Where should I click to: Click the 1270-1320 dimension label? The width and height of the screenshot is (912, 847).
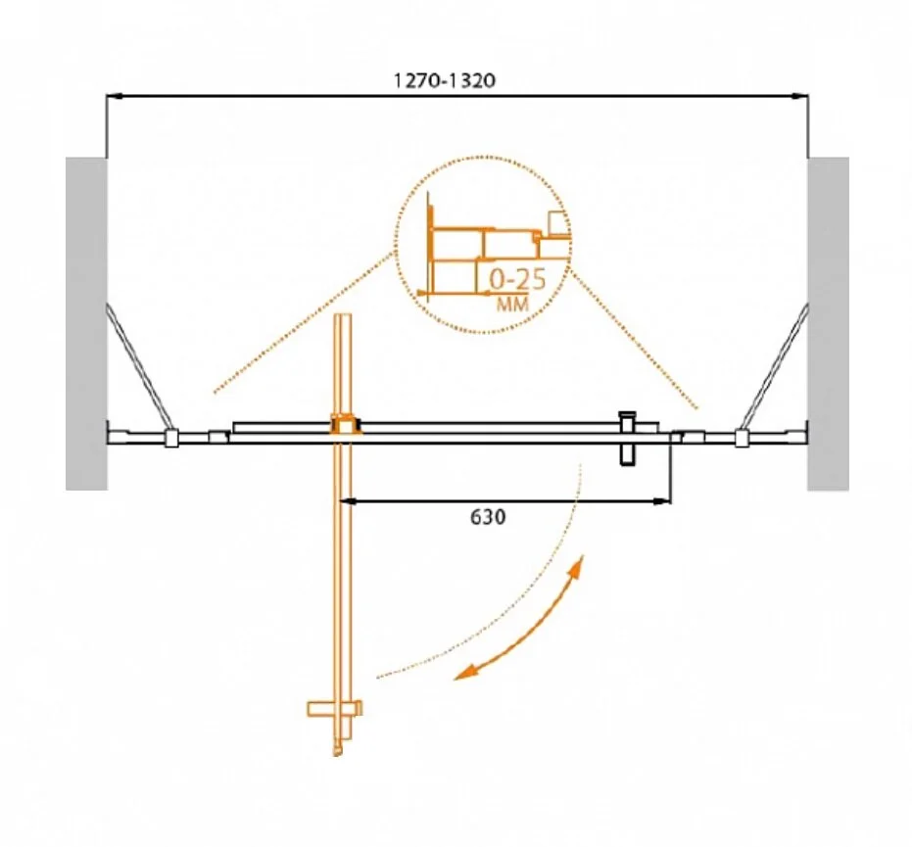point(445,80)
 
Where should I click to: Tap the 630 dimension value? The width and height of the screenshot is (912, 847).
point(488,517)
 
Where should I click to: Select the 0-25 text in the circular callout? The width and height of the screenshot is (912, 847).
point(517,280)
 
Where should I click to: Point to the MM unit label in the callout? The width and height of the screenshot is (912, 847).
point(512,304)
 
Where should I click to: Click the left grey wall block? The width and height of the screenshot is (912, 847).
point(86,323)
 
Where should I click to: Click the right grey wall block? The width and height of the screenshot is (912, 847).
point(828,323)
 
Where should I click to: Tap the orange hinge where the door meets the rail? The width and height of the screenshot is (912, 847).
point(346,425)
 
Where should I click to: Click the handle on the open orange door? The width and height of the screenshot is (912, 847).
point(335,709)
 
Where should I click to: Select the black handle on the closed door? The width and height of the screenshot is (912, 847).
point(628,439)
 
